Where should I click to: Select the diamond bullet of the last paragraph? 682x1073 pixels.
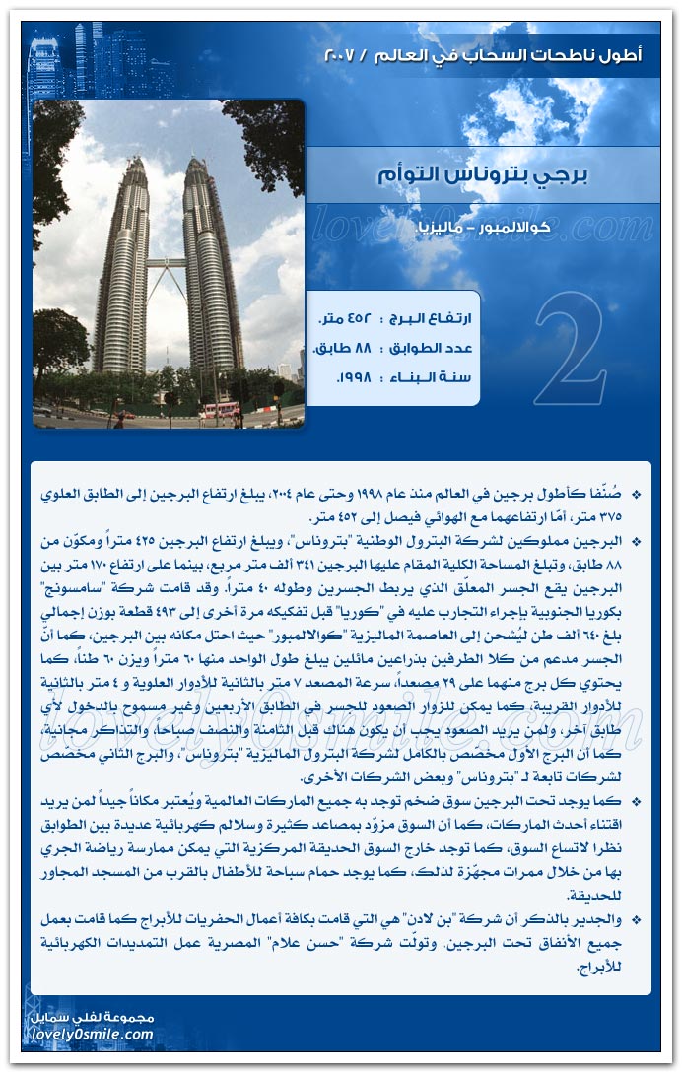(x=635, y=919)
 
